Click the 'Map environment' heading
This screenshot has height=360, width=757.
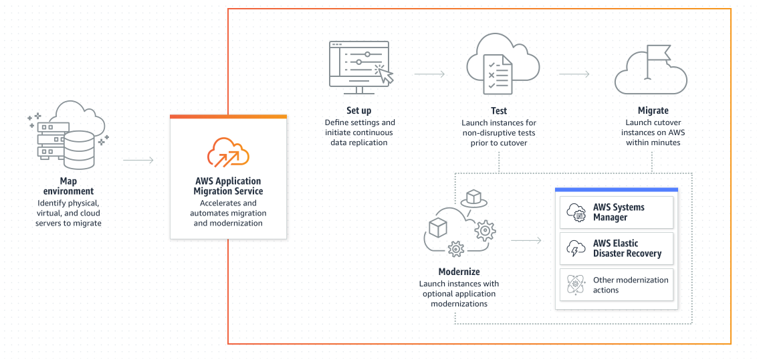coord(68,186)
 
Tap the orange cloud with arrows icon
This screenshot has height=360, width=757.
coord(228,152)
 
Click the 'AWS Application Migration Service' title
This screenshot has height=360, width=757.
coord(227,186)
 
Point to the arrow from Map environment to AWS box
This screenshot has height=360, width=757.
coord(138,160)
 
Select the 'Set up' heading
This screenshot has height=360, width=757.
coord(359,110)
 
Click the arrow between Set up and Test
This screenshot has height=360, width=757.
coord(429,74)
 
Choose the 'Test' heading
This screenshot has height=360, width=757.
coord(499,110)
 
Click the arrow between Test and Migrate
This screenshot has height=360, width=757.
coord(574,74)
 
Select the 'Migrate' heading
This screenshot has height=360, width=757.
coord(653,110)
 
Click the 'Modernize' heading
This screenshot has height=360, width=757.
coord(459,272)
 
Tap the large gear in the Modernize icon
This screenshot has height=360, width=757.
coord(485,230)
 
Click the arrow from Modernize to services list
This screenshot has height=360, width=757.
coord(526,240)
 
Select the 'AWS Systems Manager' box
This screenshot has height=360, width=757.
coord(617,212)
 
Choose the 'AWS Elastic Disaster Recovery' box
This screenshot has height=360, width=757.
coord(617,248)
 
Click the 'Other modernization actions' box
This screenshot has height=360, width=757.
coord(617,285)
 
